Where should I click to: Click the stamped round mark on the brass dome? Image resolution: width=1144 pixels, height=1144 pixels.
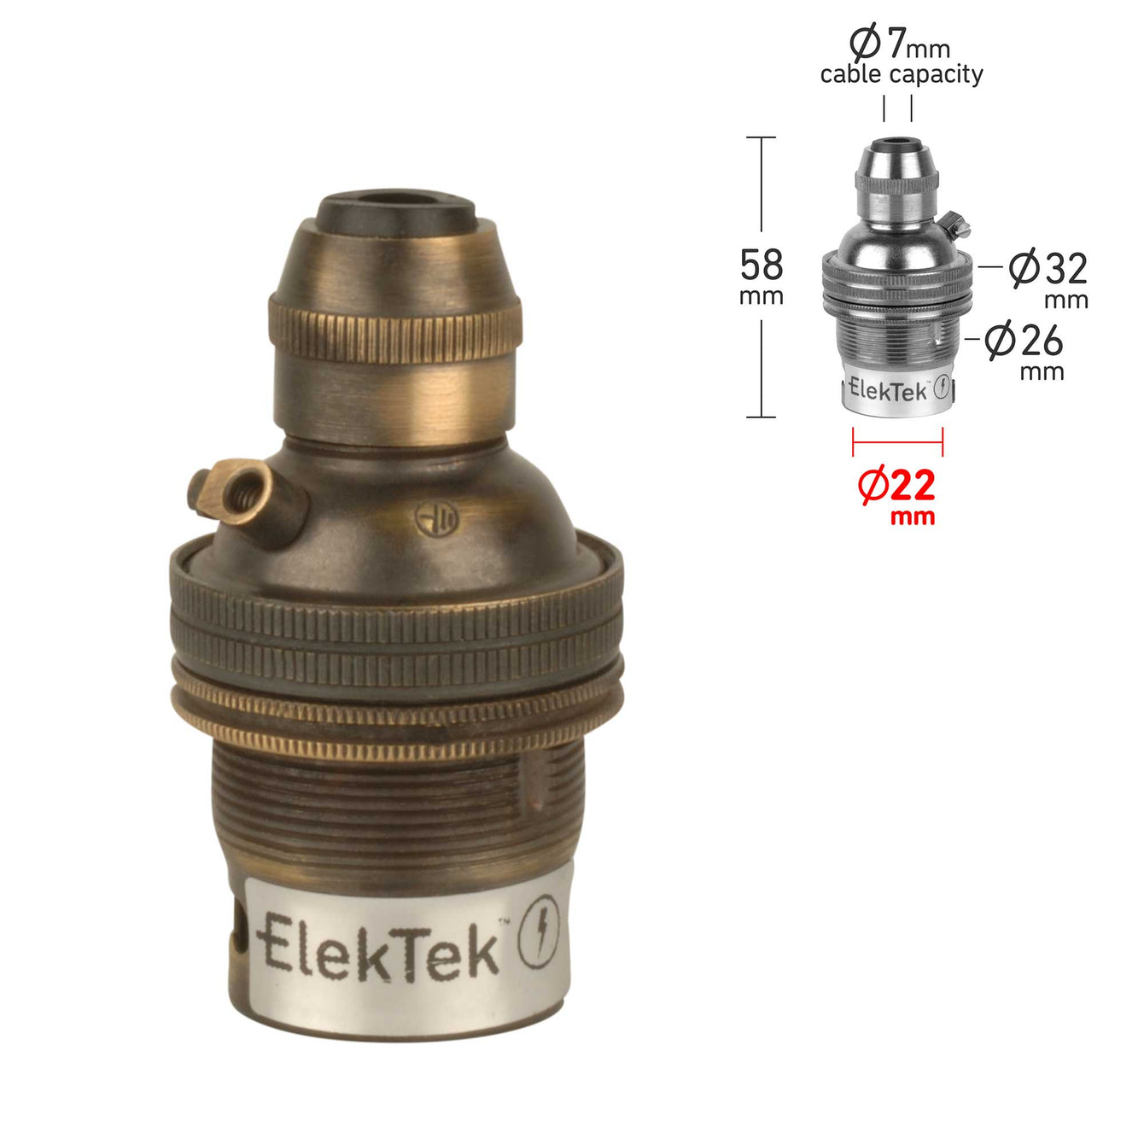tap(436, 520)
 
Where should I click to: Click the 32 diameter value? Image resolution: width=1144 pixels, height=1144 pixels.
tap(1065, 268)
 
